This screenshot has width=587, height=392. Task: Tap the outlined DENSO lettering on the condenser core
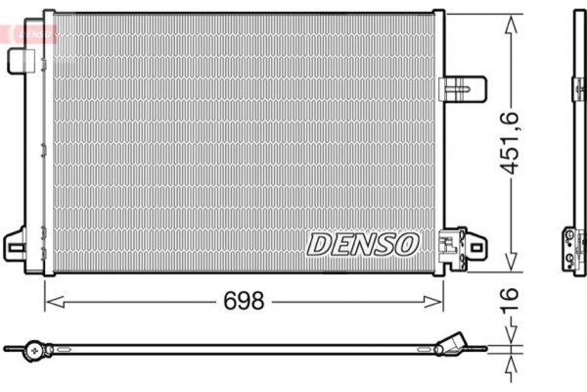pos(363,243)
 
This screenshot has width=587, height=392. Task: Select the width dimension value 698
pos(243,301)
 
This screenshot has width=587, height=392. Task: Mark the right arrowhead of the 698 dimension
pos(437,301)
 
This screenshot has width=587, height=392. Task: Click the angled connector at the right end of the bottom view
pos(456,344)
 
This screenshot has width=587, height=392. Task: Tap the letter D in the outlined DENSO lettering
pos(320,244)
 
